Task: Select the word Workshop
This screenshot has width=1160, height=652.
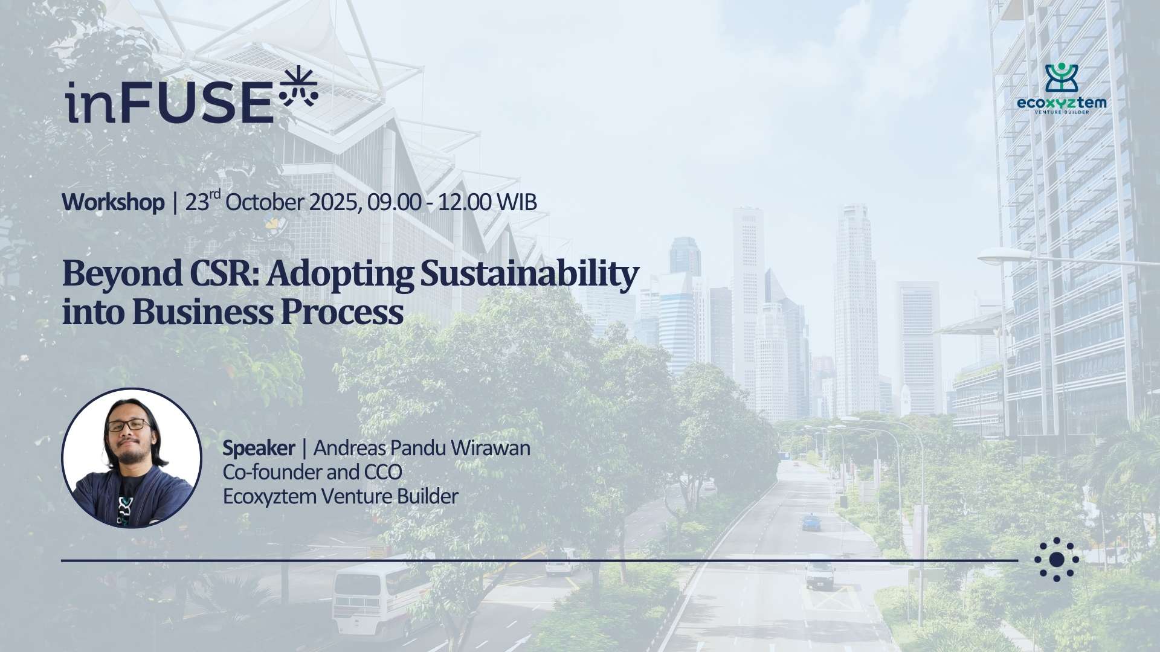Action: [113, 203]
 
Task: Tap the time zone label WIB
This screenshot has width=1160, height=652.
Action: [517, 203]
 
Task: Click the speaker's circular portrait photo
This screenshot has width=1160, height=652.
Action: [132, 458]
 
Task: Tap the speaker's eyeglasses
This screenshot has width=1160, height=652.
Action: [129, 426]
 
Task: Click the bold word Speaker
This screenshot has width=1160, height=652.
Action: [259, 449]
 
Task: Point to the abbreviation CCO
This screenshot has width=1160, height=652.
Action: [382, 472]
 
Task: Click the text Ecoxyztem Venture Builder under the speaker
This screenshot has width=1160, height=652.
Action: [341, 497]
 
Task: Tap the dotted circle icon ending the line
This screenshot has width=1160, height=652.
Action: [1057, 560]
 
